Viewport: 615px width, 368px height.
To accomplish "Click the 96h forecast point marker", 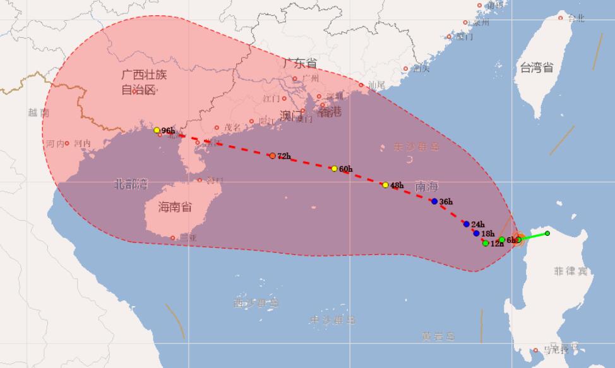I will point(157,130).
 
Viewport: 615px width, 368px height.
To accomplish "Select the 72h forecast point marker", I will point(272,156).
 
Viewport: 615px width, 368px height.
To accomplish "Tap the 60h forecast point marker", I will point(334,169).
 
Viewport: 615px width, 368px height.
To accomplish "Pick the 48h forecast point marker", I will point(385,185).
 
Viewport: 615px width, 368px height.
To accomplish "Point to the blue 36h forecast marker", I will point(434,201).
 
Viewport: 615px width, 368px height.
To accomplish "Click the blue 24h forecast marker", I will point(466,224).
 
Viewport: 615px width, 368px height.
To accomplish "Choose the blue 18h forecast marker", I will point(476,233).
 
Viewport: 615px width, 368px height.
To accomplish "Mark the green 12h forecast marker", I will point(485,243).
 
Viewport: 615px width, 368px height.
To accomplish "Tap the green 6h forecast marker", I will point(501,240).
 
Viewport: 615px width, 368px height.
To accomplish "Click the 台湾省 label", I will point(535,68).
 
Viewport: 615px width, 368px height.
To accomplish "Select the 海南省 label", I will point(175,207).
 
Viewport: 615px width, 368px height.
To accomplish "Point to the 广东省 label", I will point(300,63).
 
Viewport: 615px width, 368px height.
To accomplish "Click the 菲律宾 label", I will point(570,271).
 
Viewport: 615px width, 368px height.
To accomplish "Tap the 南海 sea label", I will point(427,187).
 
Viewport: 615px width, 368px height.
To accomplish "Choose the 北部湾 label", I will point(131,184).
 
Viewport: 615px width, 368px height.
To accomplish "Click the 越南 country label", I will point(39,113).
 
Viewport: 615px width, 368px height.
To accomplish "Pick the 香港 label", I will point(329,112).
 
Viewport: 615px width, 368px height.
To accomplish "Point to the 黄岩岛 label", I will point(439,336).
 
